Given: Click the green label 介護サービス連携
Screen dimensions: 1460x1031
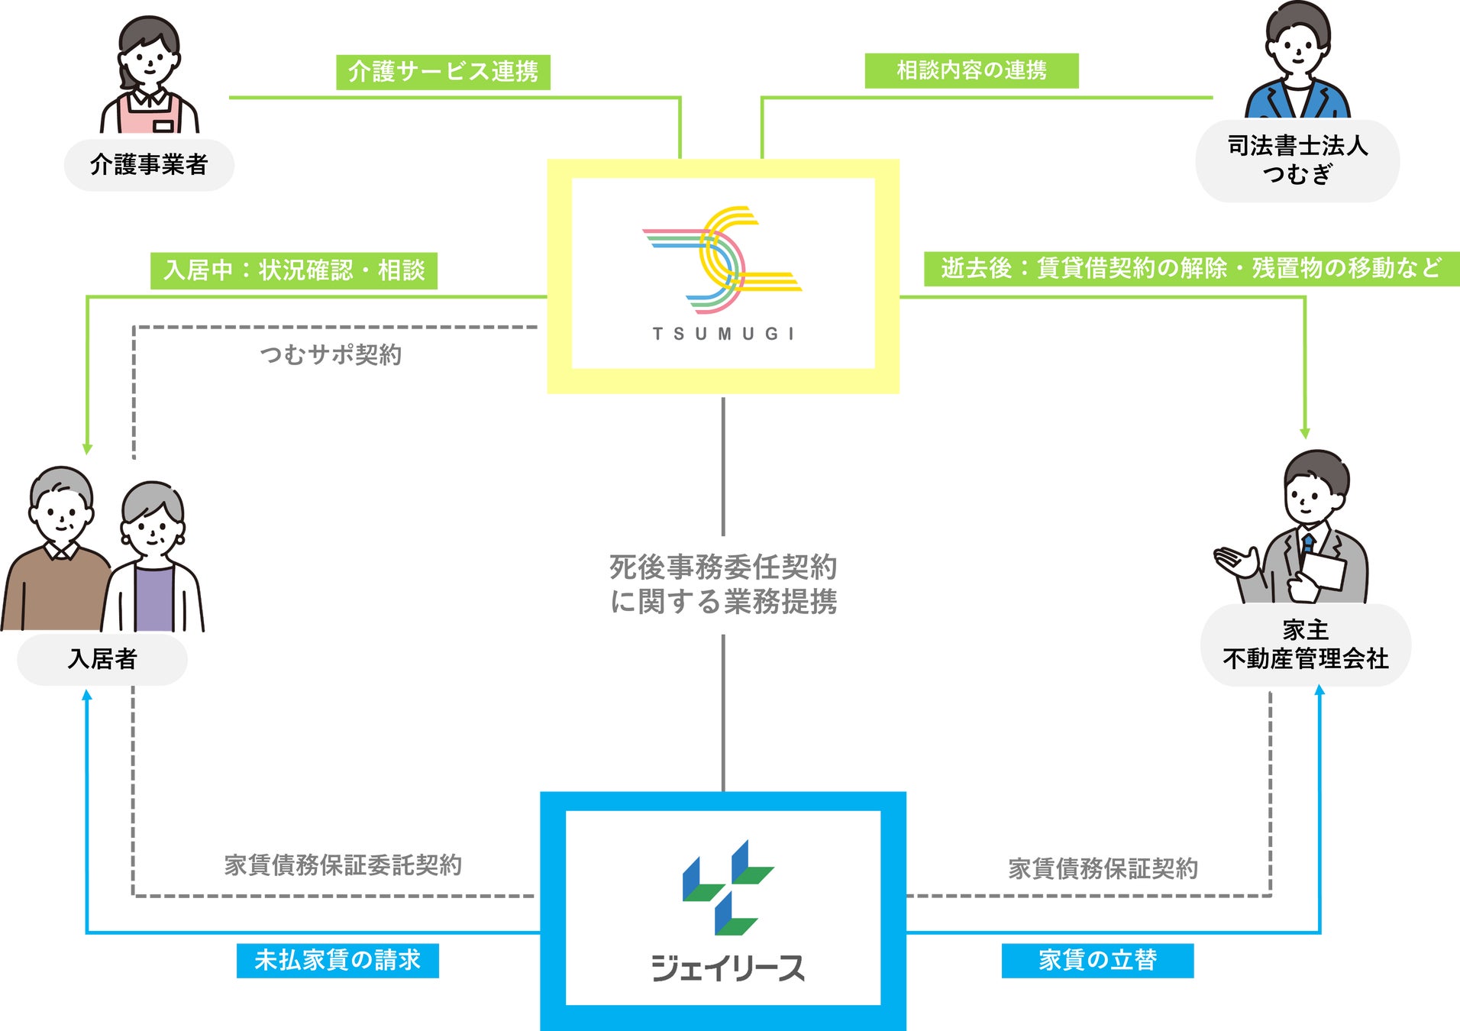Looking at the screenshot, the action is pyautogui.click(x=443, y=72).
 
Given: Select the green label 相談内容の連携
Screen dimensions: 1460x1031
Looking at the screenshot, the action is pyautogui.click(x=971, y=70).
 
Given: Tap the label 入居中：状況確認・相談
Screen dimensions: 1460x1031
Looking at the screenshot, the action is pyautogui.click(x=294, y=270).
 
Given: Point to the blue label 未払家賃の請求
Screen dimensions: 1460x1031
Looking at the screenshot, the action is pyautogui.click(x=338, y=960).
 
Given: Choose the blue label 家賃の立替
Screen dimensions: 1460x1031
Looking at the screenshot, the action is pyautogui.click(x=1097, y=960).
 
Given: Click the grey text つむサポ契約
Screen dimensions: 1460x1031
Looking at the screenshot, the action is pyautogui.click(x=331, y=354).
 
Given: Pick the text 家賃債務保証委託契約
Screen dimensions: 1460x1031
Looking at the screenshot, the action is pyautogui.click(x=343, y=865).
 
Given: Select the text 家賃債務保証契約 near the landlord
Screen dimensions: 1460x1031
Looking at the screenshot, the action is pyautogui.click(x=1103, y=868).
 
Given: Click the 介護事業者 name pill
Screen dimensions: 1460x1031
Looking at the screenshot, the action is pyautogui.click(x=149, y=164).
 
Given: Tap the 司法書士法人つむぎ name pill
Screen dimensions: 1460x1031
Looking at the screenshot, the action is pyautogui.click(x=1297, y=160).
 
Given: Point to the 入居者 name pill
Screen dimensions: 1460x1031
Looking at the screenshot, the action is pyautogui.click(x=102, y=658).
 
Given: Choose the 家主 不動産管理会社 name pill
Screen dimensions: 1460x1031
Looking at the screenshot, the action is pyautogui.click(x=1306, y=645).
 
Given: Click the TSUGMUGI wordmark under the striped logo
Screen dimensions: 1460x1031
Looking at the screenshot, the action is pyautogui.click(x=723, y=334).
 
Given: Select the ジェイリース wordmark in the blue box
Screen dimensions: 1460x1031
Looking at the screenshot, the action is pyautogui.click(x=727, y=968).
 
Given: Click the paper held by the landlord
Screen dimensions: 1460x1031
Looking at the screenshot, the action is pyautogui.click(x=1323, y=570).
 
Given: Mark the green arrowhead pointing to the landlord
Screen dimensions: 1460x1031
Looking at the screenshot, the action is pyautogui.click(x=1305, y=433).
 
